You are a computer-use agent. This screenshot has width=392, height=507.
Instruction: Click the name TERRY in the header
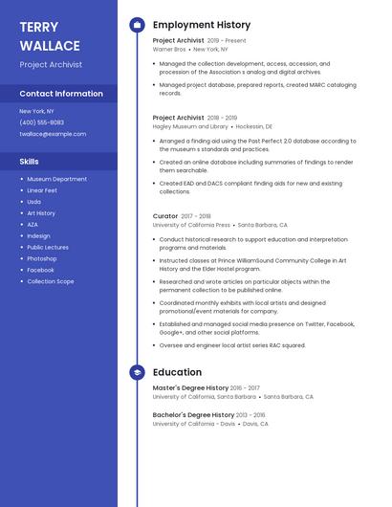pos(38,27)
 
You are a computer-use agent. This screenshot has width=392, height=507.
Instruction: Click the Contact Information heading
pos(61,94)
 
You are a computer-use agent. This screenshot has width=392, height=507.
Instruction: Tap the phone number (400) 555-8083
pos(42,122)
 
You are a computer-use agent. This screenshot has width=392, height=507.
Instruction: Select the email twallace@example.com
pos(53,134)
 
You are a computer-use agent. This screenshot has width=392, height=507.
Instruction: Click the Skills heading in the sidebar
pos(30,162)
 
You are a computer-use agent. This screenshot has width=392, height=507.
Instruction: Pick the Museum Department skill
pos(56,179)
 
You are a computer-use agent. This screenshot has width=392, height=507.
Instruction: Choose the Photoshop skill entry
pos(42,258)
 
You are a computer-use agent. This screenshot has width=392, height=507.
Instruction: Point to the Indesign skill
pos(39,235)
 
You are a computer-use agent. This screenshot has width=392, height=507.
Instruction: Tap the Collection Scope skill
pos(51,281)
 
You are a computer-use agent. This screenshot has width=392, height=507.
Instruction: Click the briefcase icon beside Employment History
pos(137,25)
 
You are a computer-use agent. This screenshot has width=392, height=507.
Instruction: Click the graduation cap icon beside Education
pos(137,372)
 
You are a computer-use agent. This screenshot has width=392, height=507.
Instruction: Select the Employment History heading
pos(202,25)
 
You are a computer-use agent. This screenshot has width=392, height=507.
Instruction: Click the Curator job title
pos(165,216)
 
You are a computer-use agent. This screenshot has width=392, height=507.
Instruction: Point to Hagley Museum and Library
pos(190,126)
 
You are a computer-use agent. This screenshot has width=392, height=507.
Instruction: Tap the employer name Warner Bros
pos(169,49)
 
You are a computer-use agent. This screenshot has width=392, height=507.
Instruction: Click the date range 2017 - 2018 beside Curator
pos(196,216)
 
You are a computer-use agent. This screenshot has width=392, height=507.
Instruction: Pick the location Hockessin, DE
pos(254,126)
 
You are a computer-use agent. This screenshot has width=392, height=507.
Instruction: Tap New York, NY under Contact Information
pos(37,111)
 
